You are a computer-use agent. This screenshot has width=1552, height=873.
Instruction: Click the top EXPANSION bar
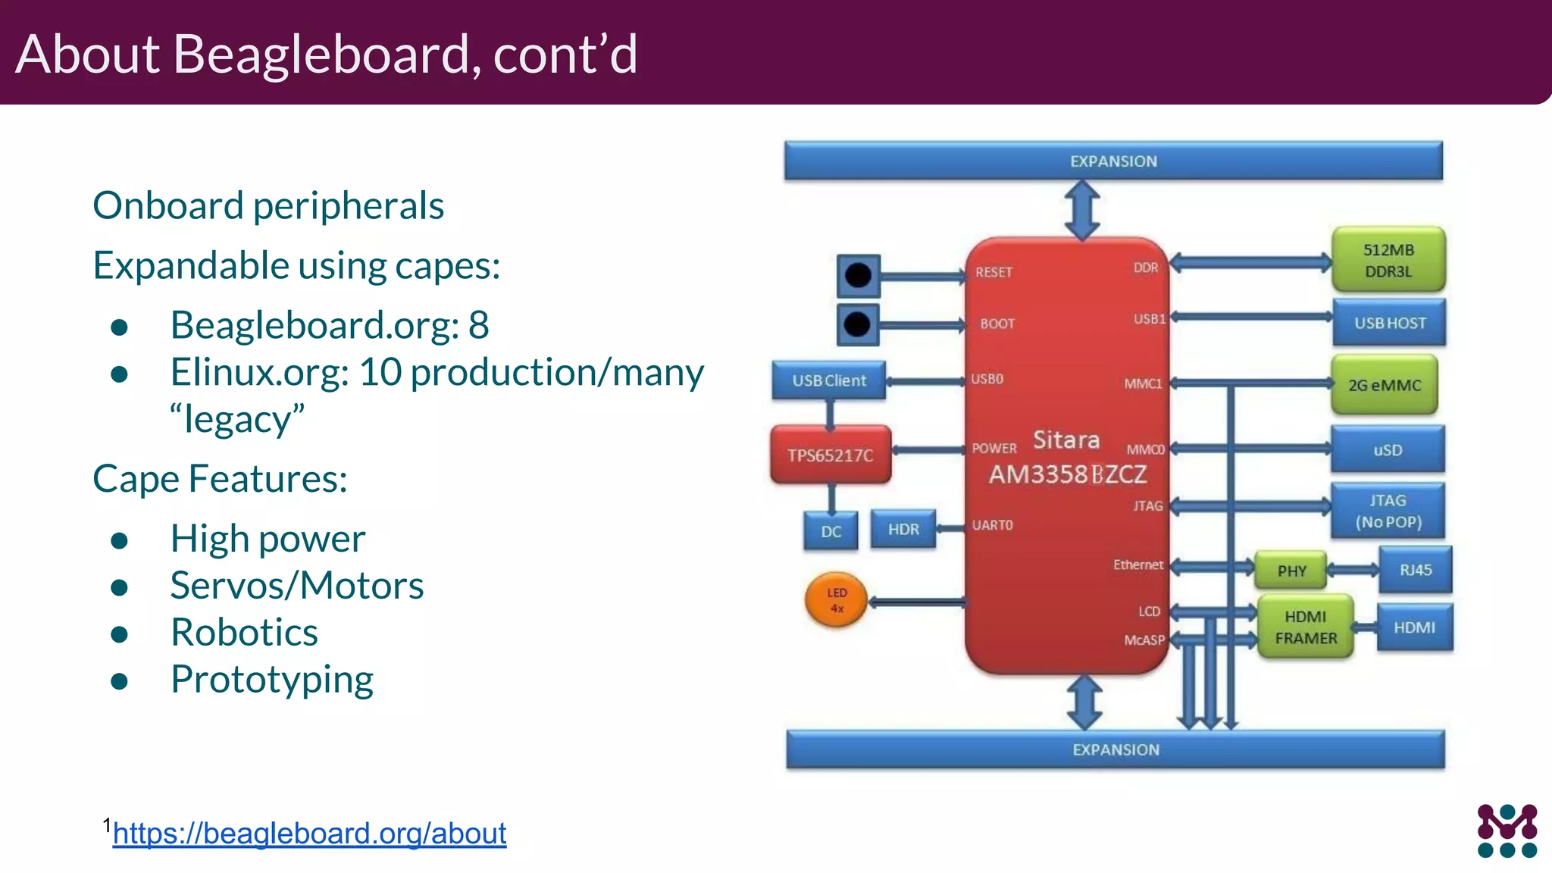coord(1112,161)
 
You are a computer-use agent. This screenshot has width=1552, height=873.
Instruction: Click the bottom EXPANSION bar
coord(1115,749)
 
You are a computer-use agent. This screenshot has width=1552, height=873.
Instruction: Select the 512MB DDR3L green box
coord(1388,260)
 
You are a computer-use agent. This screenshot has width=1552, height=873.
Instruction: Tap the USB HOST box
coord(1389,323)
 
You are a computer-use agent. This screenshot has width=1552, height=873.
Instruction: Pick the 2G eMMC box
coord(1384,385)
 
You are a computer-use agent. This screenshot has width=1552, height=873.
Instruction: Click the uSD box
coord(1388,449)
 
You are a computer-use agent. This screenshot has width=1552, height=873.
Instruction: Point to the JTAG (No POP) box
coord(1388,511)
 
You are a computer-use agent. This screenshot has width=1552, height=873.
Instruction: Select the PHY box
coord(1291,571)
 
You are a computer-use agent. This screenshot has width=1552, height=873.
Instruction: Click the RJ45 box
coord(1415,570)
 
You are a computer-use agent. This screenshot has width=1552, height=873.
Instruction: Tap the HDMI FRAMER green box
coord(1305,627)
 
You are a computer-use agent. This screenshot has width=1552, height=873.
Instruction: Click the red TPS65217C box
coord(831,455)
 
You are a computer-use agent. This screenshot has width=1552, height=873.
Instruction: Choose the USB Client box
coord(829,380)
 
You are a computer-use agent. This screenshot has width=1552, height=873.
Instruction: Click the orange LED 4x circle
coord(836,600)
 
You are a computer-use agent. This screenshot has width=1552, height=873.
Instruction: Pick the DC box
coord(831,531)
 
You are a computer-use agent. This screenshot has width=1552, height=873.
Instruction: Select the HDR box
coord(903,529)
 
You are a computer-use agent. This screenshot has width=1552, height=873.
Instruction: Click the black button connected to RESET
coord(858,275)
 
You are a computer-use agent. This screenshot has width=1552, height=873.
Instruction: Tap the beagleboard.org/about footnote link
coord(309,834)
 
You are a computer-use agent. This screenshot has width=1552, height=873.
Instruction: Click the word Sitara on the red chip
coord(1065,440)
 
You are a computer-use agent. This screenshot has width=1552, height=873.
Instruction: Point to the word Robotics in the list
coord(244,632)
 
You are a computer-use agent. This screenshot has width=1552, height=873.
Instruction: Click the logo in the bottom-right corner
coord(1507,831)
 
